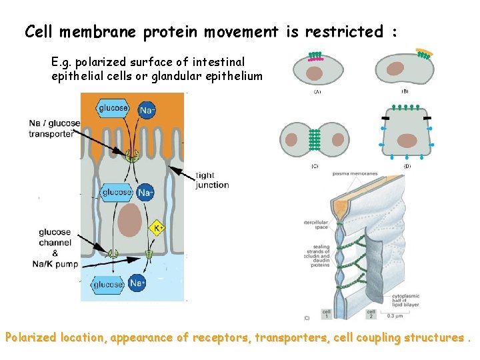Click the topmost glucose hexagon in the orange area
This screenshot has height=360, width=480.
point(115,108)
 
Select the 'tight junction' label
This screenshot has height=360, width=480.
point(212,180)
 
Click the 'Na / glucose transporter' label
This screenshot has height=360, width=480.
point(53,128)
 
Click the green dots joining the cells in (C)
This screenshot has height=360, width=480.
point(315,139)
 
